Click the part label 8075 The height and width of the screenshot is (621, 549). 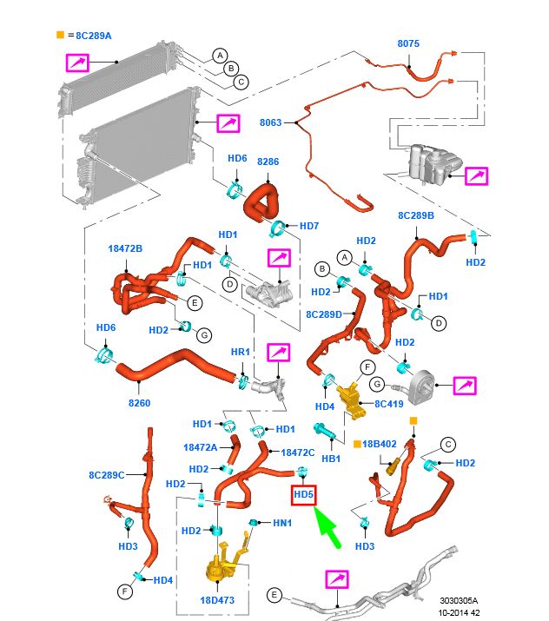(408, 43)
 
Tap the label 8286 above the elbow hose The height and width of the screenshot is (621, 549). (268, 162)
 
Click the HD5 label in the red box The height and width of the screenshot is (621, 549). (303, 495)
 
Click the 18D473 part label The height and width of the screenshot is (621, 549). (217, 599)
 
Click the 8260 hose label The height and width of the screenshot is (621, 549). (139, 402)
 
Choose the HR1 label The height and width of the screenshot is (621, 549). (240, 352)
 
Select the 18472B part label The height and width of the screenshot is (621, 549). (125, 248)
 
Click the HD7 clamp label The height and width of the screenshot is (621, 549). (309, 227)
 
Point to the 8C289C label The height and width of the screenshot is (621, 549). (107, 475)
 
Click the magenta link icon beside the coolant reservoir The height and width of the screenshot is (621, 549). (477, 175)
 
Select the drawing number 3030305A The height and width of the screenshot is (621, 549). (459, 599)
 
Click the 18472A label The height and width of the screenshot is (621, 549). (201, 447)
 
